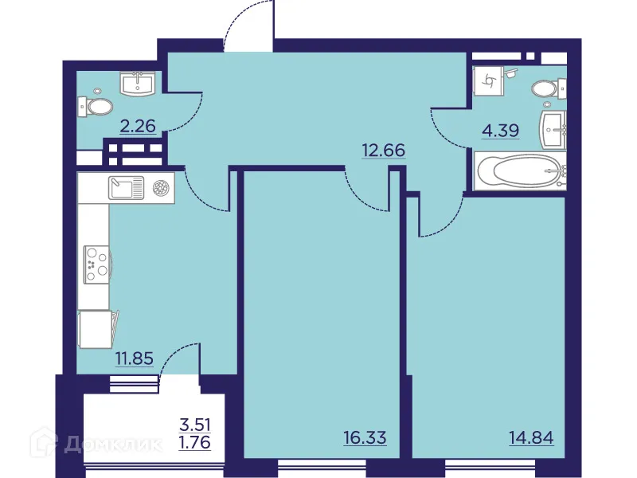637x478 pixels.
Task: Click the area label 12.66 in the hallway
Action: coord(384,150)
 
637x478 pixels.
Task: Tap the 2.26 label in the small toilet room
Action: coord(138,124)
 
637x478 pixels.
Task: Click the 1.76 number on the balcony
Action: coord(196,443)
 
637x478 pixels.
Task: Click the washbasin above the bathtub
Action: coord(555,127)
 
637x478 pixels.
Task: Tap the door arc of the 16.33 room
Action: coord(366,191)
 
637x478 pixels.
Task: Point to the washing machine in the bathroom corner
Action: coord(488,80)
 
